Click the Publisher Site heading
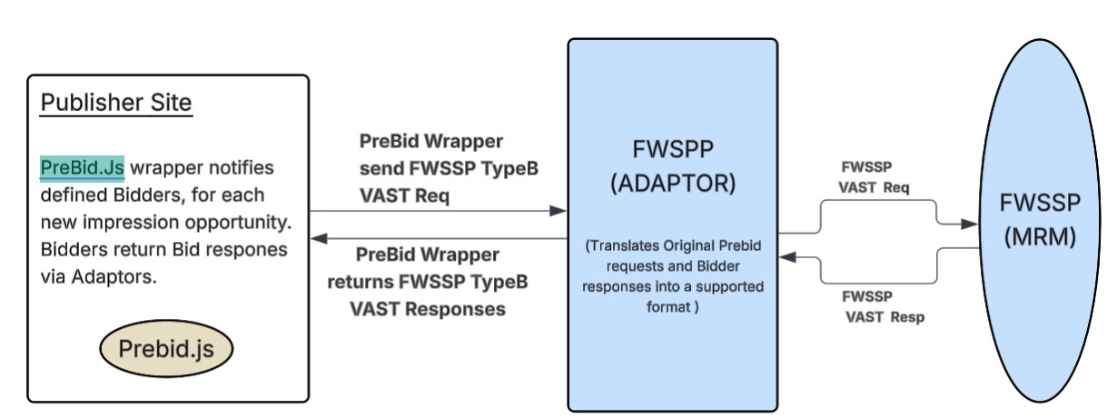point(116,103)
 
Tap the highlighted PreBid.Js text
point(82,168)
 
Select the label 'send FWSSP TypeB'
point(430,169)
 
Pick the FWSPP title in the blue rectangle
point(673,149)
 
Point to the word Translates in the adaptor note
point(633,246)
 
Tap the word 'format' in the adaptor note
point(664,307)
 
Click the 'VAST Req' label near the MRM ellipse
point(873,186)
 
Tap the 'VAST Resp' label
point(885,317)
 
